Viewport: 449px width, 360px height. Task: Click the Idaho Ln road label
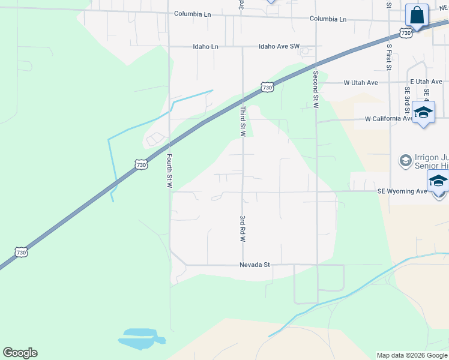point(205,46)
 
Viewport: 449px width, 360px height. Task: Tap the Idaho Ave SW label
point(279,46)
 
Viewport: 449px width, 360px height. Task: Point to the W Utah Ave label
point(360,83)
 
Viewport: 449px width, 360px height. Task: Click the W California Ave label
point(389,119)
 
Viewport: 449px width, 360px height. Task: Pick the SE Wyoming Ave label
point(402,191)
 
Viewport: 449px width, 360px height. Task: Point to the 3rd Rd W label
point(243,228)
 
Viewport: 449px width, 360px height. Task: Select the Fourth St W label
point(170,172)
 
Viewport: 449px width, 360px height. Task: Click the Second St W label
point(315,90)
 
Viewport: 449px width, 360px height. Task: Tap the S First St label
point(389,56)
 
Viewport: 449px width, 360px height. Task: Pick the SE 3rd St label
point(407,100)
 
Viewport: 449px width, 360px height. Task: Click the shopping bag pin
point(417,15)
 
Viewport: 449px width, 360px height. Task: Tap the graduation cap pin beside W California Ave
point(424,113)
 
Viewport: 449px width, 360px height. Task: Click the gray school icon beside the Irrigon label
point(405,161)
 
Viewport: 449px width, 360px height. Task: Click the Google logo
point(20,353)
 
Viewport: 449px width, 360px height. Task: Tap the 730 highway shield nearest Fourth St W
point(140,164)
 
